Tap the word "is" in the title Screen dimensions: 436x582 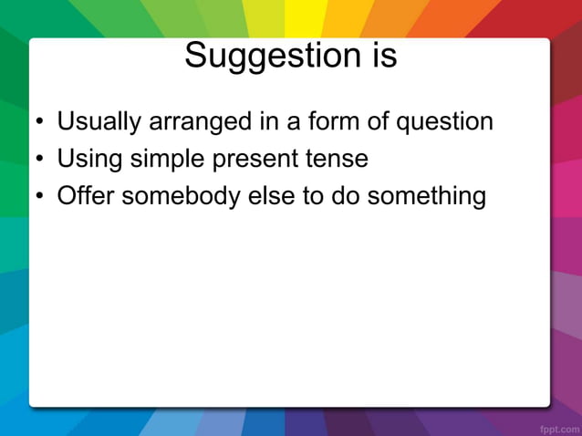click(x=382, y=57)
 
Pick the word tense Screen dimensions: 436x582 click(x=338, y=160)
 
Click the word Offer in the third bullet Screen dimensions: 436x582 click(x=86, y=196)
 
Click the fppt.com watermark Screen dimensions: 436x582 click(x=556, y=427)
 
